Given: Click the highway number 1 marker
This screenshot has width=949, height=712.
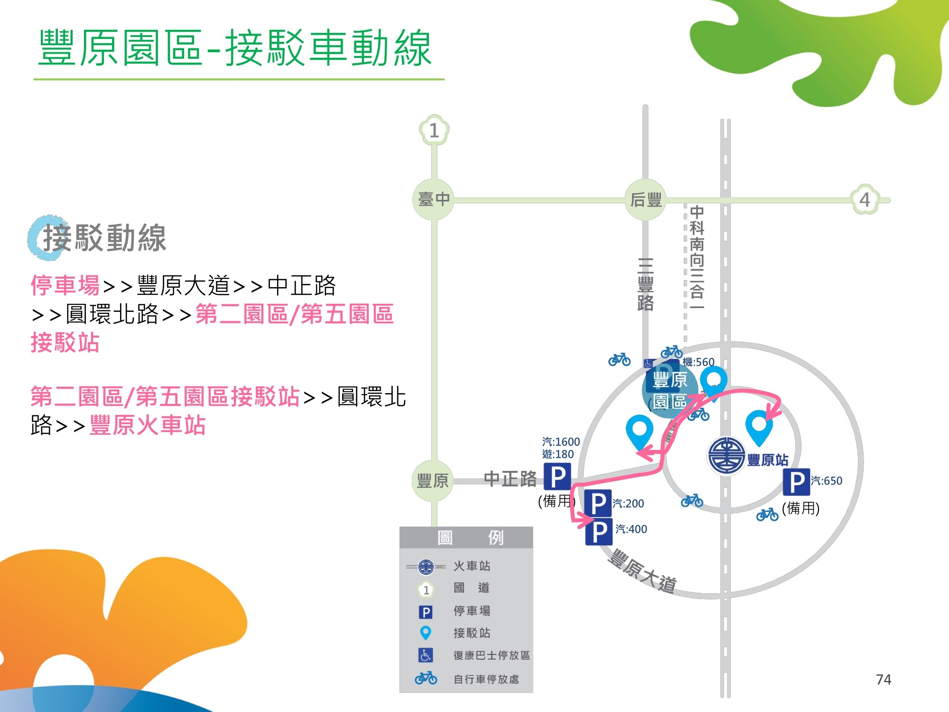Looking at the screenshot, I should click(434, 130).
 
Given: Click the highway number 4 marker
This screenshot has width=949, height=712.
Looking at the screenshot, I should click(865, 199).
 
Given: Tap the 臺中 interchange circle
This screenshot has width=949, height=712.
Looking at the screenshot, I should click(433, 199).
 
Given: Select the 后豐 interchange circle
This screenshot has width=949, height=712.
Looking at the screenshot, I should click(646, 200).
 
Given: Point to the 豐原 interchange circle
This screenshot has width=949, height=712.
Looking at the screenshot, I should click(432, 481).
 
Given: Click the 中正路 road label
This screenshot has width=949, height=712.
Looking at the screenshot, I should click(510, 479).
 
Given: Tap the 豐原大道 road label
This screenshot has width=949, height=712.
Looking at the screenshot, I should click(642, 571).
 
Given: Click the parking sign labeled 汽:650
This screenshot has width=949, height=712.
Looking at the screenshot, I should click(796, 482).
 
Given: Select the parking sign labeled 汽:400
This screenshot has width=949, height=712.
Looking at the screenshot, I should click(599, 532).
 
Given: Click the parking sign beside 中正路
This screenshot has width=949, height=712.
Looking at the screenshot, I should click(557, 476).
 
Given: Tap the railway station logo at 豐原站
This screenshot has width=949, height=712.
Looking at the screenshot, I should click(726, 455).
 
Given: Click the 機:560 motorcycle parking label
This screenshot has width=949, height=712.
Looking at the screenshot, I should click(698, 362).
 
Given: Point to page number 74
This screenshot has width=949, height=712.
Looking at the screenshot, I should click(883, 680).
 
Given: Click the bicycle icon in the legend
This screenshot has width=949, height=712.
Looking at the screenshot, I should click(426, 678).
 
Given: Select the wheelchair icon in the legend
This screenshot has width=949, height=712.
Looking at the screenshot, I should click(425, 655).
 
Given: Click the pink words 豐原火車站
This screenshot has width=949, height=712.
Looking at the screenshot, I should click(148, 425).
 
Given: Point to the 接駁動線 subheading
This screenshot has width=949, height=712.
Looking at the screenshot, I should click(104, 238).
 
